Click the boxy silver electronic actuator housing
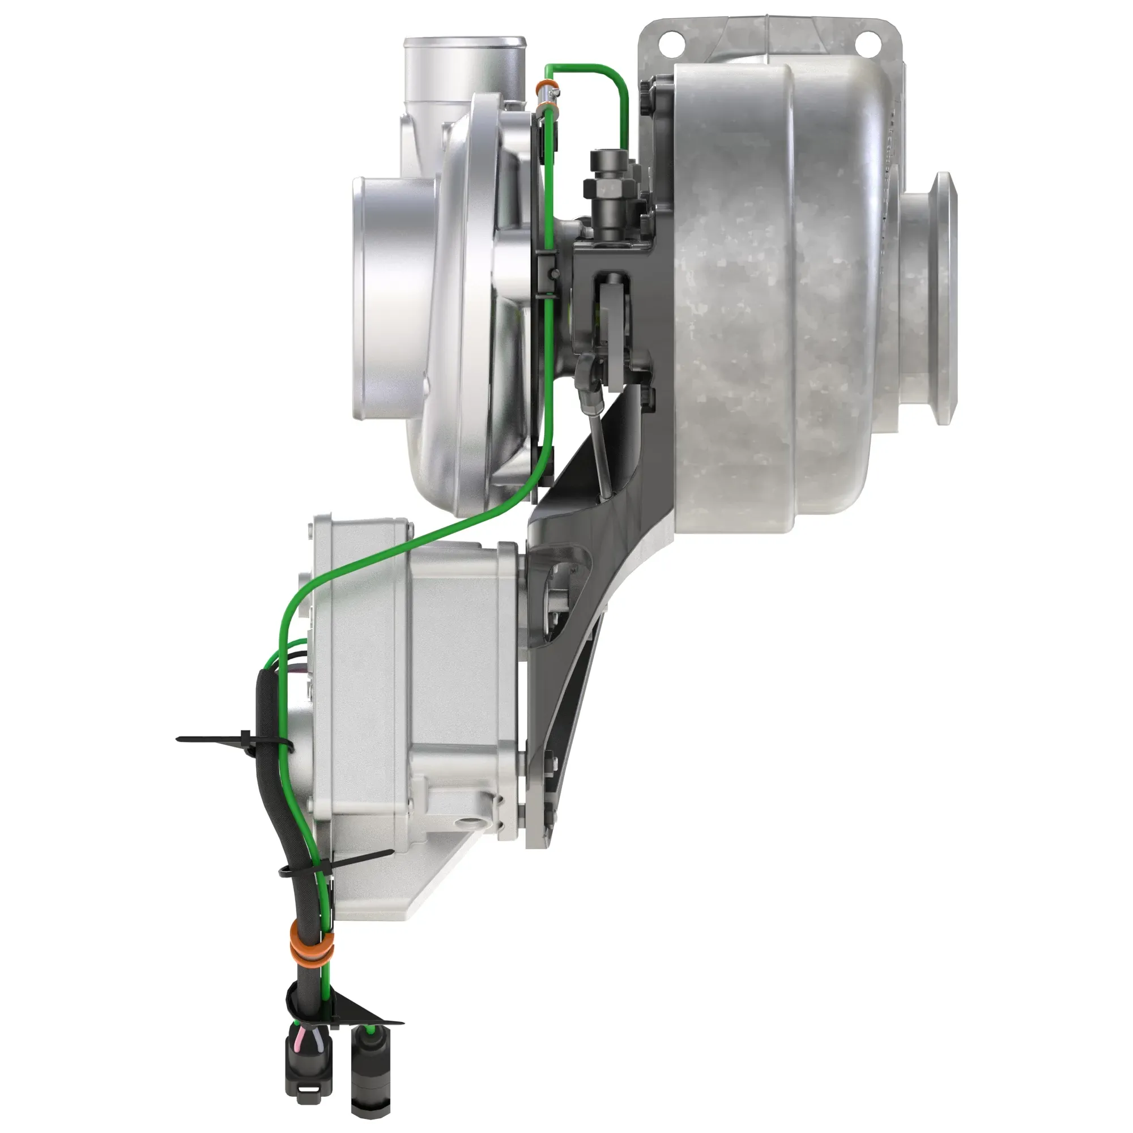coord(411,674)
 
